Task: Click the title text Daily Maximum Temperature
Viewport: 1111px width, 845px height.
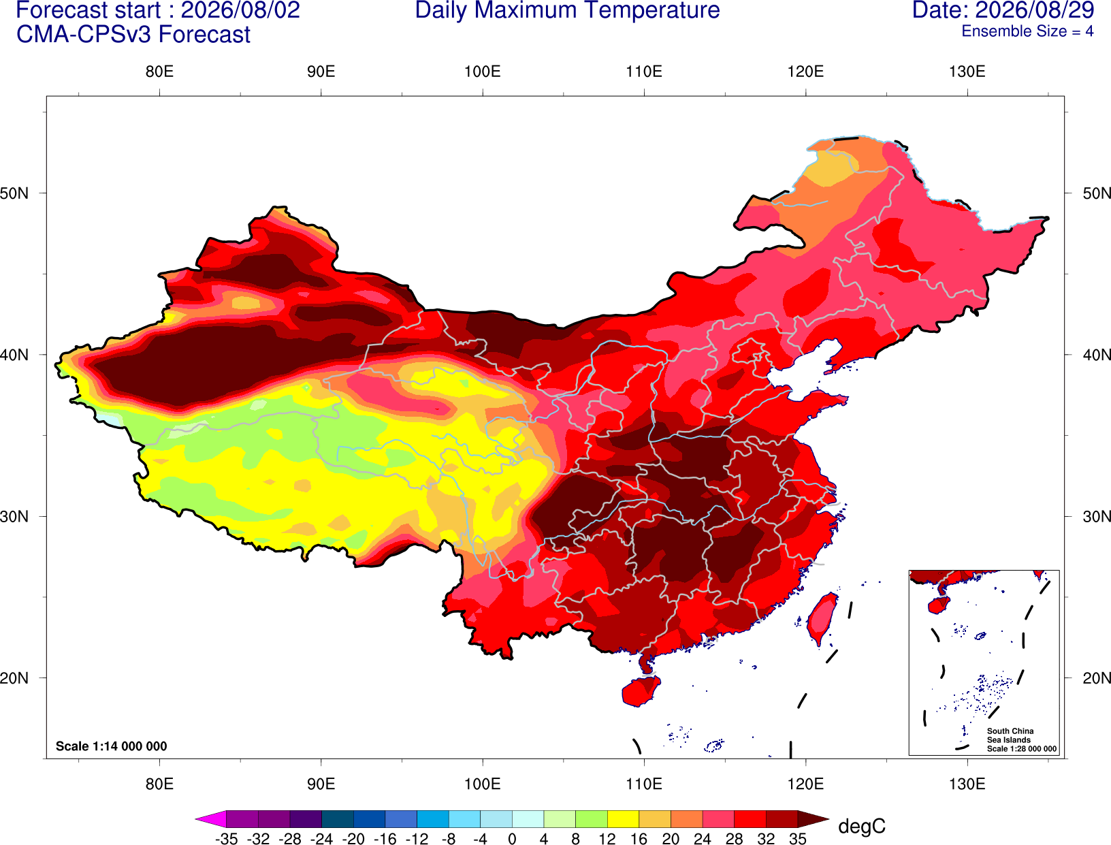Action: pyautogui.click(x=567, y=10)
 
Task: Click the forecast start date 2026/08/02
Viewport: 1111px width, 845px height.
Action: pyautogui.click(x=240, y=10)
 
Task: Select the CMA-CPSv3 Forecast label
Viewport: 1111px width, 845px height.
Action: pyautogui.click(x=133, y=35)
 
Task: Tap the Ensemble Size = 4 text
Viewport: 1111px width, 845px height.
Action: pyautogui.click(x=1027, y=31)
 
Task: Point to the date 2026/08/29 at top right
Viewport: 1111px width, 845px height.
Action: pyautogui.click(x=1034, y=10)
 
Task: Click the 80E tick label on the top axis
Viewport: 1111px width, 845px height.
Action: pyautogui.click(x=159, y=71)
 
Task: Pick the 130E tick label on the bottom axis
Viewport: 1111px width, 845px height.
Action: pyautogui.click(x=967, y=784)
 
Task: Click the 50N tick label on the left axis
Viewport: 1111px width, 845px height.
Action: pyautogui.click(x=14, y=193)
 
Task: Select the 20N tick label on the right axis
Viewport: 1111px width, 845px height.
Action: pyautogui.click(x=1097, y=678)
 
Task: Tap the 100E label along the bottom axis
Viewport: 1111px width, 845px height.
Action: pyautogui.click(x=483, y=784)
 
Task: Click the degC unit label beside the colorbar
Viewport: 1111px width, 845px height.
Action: pyautogui.click(x=861, y=826)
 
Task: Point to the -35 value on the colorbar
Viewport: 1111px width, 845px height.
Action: pyautogui.click(x=226, y=839)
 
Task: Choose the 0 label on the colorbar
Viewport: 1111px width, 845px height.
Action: pyautogui.click(x=512, y=839)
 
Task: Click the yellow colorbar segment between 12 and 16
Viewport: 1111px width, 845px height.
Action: pyautogui.click(x=623, y=818)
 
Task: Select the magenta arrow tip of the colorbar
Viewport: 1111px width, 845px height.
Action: pyautogui.click(x=196, y=818)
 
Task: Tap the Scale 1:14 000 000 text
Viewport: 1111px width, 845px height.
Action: pyautogui.click(x=112, y=746)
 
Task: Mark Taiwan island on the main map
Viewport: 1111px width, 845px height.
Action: pyautogui.click(x=821, y=619)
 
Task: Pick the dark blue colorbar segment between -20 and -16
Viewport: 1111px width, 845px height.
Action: pyautogui.click(x=370, y=818)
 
